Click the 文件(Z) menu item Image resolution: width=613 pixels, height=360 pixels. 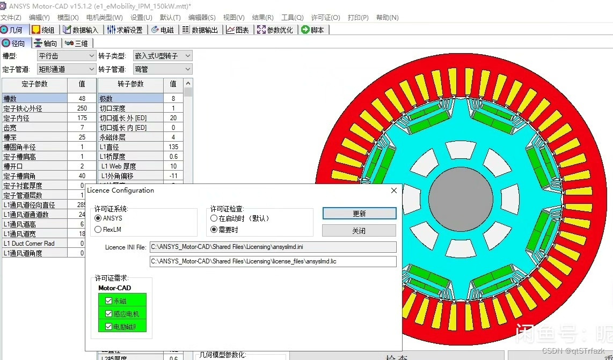click(x=11, y=17)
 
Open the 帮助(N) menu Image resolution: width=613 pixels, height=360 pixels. click(x=387, y=17)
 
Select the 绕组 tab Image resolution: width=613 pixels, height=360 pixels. click(x=43, y=30)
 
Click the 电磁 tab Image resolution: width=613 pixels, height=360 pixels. click(x=162, y=30)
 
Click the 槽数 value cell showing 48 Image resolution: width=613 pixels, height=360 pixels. click(x=82, y=99)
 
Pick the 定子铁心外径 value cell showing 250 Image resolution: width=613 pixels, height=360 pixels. click(x=82, y=108)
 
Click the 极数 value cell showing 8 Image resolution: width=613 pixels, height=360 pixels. click(x=173, y=99)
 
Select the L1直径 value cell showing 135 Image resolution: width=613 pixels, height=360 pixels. click(x=173, y=147)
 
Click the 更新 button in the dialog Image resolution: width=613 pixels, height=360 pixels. click(x=359, y=214)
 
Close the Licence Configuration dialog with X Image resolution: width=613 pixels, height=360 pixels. click(x=394, y=190)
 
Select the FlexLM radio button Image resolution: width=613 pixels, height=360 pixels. click(x=98, y=230)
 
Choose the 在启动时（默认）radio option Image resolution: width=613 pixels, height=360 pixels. click(x=214, y=218)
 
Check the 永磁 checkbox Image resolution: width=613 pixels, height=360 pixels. click(x=109, y=301)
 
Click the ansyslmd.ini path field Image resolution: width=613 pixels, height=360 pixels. click(x=273, y=247)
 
